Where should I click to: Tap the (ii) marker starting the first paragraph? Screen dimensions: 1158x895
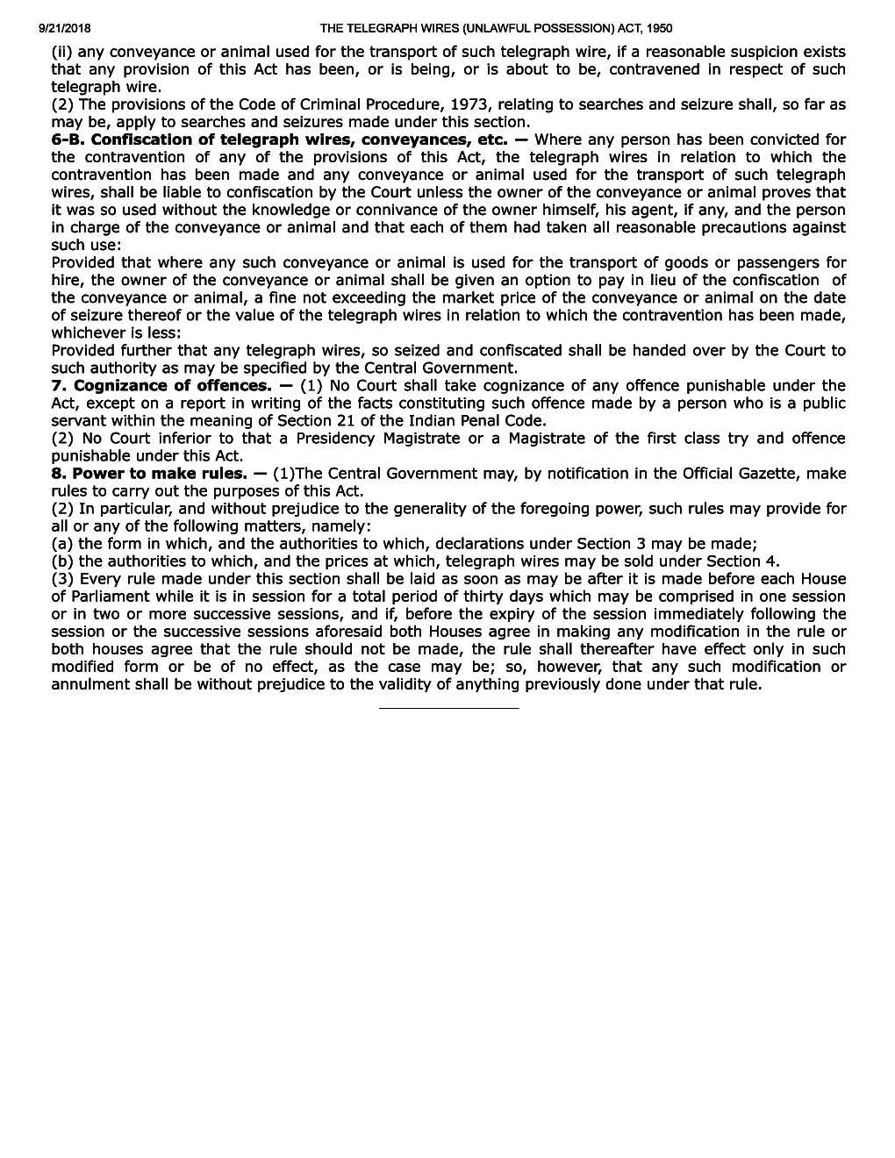tap(63, 52)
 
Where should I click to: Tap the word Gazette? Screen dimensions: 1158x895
tap(763, 473)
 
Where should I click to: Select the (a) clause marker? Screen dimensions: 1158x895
tap(62, 543)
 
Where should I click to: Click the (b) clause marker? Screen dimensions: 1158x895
tap(62, 561)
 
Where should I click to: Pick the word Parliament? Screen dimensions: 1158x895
tap(116, 596)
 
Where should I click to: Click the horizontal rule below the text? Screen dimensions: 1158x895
tap(448, 707)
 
